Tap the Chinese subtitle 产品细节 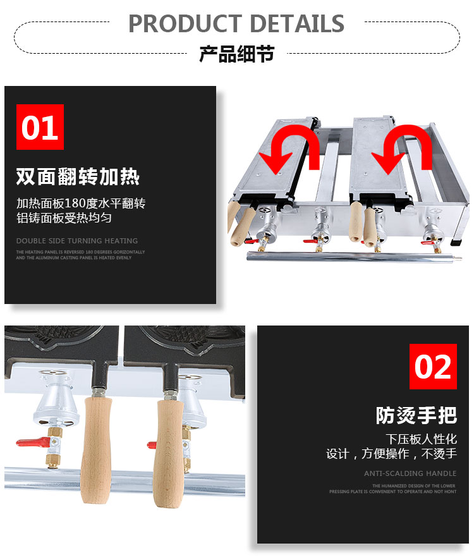[x=236, y=54]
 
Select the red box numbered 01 [x=40, y=127]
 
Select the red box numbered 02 [x=433, y=367]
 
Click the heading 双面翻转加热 [x=78, y=176]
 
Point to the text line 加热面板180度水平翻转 [x=81, y=204]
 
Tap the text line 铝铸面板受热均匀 [x=64, y=218]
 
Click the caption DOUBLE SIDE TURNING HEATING [x=76, y=241]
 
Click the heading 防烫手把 [x=416, y=415]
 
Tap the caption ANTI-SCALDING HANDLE [x=410, y=473]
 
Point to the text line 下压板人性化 [x=421, y=439]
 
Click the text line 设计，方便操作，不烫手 [x=391, y=454]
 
